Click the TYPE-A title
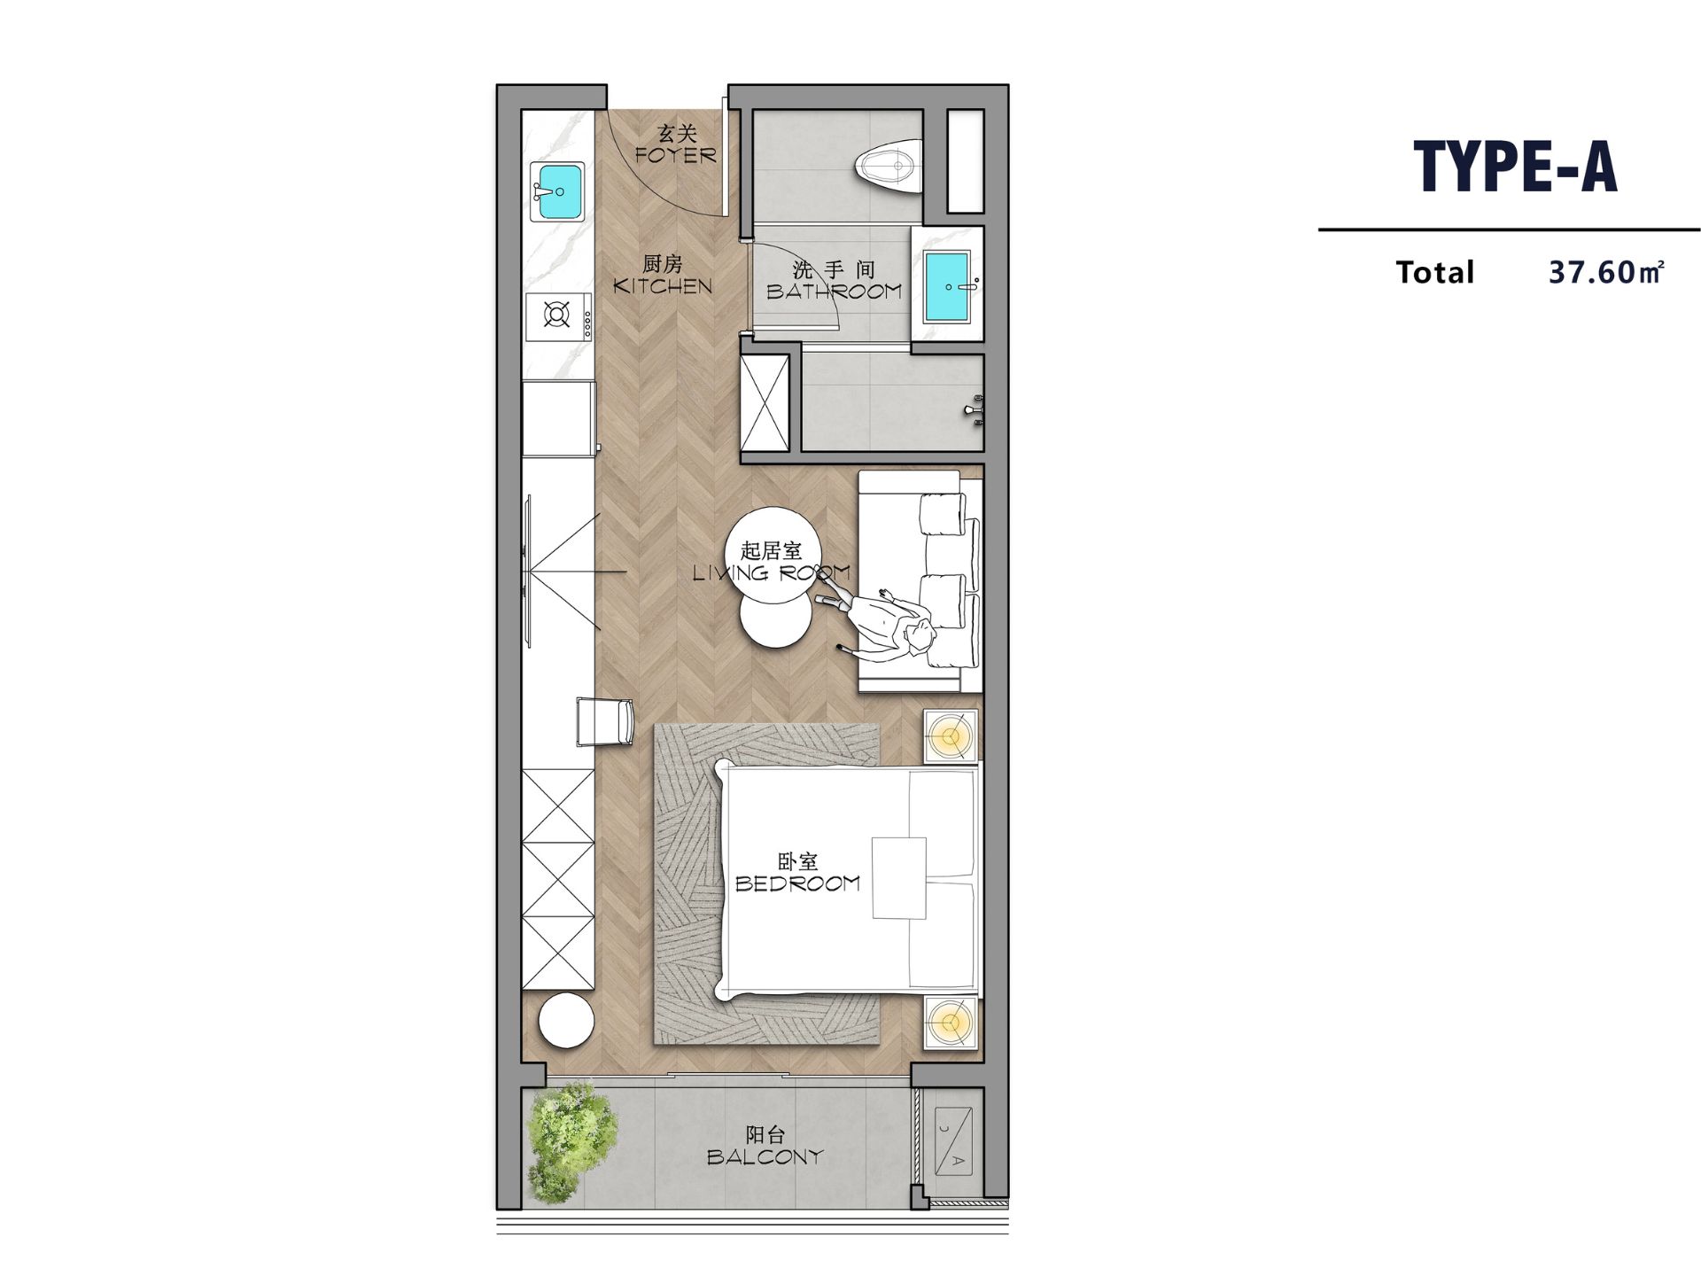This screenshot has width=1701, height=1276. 1516,167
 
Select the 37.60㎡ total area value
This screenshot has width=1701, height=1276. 1606,272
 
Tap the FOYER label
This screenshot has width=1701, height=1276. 675,155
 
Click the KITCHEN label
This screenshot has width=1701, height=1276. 663,286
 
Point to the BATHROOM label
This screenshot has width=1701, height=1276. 834,291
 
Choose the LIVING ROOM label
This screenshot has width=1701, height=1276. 771,573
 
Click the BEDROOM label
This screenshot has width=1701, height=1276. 797,883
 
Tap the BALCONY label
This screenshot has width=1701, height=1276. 765,1156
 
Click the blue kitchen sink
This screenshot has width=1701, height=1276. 557,191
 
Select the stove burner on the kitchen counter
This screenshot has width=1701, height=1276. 557,315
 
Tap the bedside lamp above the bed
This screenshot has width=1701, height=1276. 951,735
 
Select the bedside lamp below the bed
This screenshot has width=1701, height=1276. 951,1023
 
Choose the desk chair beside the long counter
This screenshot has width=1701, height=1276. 605,722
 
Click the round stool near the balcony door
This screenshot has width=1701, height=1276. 566,1021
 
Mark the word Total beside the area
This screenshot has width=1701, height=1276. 1435,272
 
